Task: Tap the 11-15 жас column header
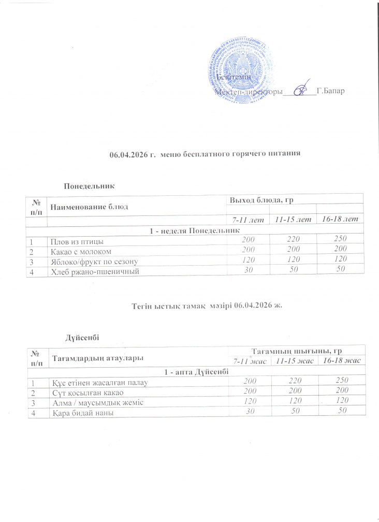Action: click(x=293, y=360)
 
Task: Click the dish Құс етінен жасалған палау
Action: click(x=99, y=383)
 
